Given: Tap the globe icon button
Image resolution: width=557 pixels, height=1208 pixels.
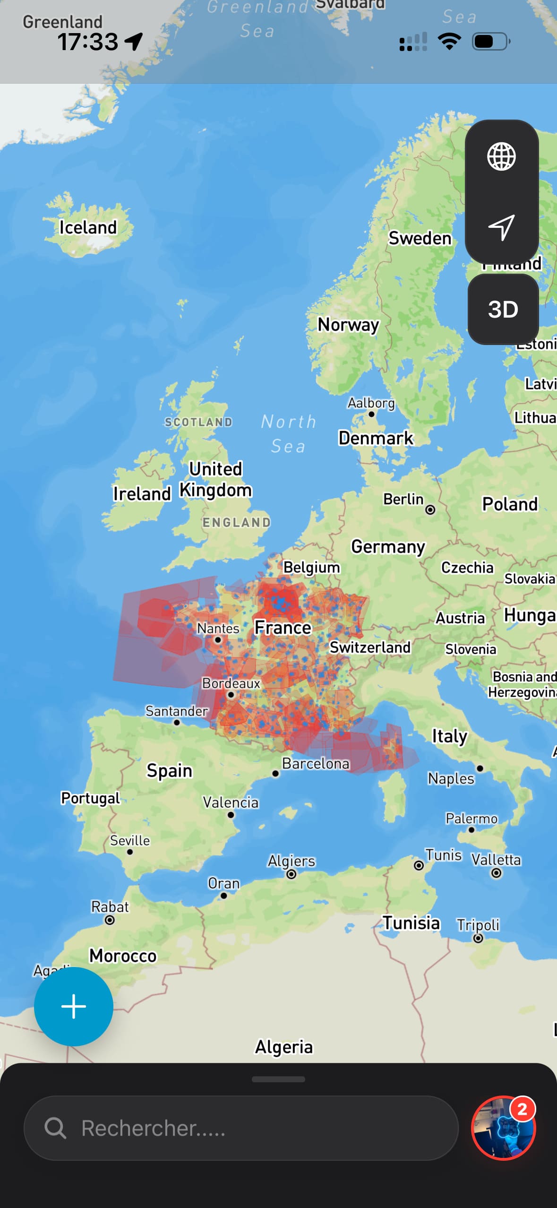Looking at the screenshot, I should (x=501, y=156).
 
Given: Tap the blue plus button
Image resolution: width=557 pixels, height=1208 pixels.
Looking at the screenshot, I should (x=74, y=1006).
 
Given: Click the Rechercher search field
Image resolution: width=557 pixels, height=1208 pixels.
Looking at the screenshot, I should (x=241, y=1128).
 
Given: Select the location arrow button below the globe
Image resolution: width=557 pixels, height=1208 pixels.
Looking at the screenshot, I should (x=501, y=227).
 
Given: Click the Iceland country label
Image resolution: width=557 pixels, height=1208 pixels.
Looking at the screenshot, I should (x=88, y=227).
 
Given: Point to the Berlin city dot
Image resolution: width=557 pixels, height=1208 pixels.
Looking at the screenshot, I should (x=430, y=509).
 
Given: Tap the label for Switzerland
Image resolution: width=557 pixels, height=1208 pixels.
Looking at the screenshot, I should (x=370, y=647).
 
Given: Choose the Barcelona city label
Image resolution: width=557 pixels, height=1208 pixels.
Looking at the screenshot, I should (x=316, y=763).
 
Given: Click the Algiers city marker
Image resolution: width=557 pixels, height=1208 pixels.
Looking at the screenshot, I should (x=291, y=874).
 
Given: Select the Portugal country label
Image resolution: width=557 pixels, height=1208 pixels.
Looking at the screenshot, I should (x=91, y=798).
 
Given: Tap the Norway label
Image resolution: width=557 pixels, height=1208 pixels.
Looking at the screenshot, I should (x=348, y=325).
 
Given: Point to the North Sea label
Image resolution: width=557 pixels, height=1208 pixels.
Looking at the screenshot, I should (x=288, y=433).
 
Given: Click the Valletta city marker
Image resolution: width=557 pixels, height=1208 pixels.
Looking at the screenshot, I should (x=496, y=873).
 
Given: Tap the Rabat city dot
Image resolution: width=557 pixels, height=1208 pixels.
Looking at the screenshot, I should (x=110, y=920).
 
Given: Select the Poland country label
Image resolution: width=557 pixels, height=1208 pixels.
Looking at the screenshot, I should (x=510, y=504).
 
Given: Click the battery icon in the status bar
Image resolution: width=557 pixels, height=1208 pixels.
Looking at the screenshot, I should (x=491, y=42).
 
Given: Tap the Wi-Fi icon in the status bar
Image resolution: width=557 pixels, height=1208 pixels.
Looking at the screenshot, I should (x=449, y=42).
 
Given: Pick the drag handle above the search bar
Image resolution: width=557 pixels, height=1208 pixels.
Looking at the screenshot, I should (x=278, y=1079).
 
